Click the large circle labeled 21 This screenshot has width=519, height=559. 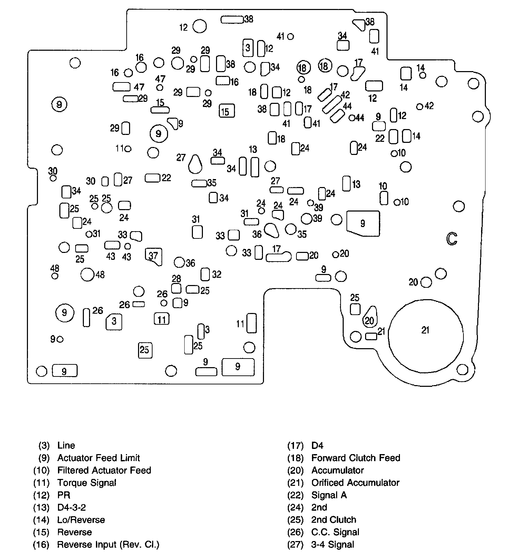coord(426,336)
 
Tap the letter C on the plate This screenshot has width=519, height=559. coord(452,238)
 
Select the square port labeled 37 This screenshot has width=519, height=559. coord(154,256)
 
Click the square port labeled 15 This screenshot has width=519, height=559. coord(226,111)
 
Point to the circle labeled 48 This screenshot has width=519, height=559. coord(87,275)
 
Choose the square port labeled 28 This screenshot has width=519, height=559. coord(176,288)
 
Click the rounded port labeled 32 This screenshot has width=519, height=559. coord(205,274)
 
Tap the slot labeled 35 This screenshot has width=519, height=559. coord(199,183)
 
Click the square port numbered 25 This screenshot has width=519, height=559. coord(145,350)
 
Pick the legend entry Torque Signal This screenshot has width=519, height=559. coord(87,482)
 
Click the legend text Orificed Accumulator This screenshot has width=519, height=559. coord(355,482)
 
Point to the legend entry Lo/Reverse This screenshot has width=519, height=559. coord(81,520)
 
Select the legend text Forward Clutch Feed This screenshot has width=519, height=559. coord(355,458)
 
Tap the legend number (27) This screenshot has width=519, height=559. coord(295,545)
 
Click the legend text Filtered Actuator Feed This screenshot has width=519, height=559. coord(104,470)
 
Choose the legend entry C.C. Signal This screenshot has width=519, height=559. coord(335,532)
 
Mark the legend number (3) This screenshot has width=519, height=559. coord(44,445)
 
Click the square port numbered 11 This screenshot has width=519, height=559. coord(161,319)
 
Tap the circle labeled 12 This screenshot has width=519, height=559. coord(199,26)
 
